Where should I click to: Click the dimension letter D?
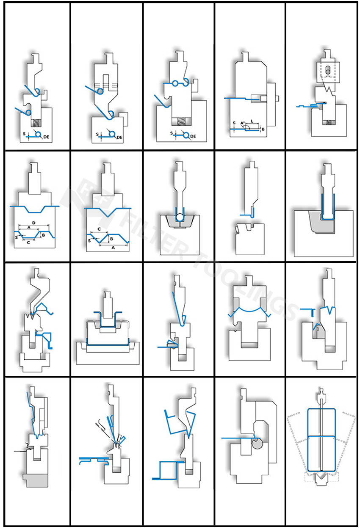coord(34,223)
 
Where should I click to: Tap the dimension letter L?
coord(252,121)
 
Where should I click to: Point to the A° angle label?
coord(243,123)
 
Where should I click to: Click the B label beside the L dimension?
coord(263,129)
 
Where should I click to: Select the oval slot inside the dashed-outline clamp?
coord(328,70)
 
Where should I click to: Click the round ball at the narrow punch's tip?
coord(179,217)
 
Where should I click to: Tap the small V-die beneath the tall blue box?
coord(321,479)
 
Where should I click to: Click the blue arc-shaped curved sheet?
coord(249,311)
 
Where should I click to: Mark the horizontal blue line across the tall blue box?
coord(321,436)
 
